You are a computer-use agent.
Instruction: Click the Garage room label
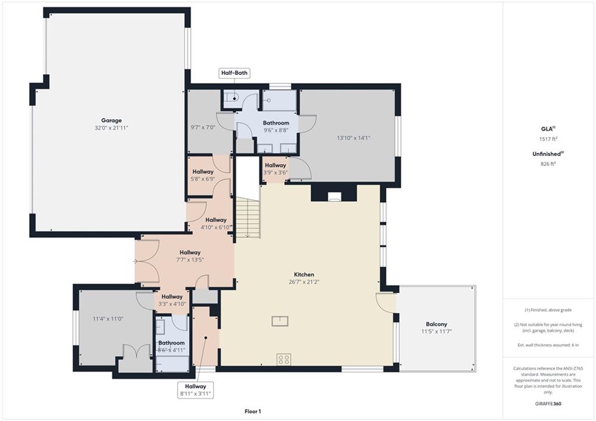111,121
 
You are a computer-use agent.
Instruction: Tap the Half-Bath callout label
235,73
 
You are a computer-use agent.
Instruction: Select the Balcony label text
437,324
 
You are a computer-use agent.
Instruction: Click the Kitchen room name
304,275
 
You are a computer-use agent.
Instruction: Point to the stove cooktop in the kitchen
284,359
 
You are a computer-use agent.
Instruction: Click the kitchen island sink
280,321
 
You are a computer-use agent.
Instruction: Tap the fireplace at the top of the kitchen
334,196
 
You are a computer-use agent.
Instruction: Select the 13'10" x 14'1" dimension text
353,138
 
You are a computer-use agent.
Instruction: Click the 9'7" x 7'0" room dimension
203,128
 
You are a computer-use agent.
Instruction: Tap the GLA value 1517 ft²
548,139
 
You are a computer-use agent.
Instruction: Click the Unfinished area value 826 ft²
548,164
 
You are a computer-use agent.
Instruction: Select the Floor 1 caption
253,411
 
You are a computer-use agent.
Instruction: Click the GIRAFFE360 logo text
548,404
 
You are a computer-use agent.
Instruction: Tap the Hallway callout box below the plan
196,390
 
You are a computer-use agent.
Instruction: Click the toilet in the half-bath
232,98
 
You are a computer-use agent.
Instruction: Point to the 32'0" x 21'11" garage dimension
111,128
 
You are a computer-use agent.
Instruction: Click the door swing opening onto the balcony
385,303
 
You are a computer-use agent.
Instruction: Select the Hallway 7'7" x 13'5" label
190,256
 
